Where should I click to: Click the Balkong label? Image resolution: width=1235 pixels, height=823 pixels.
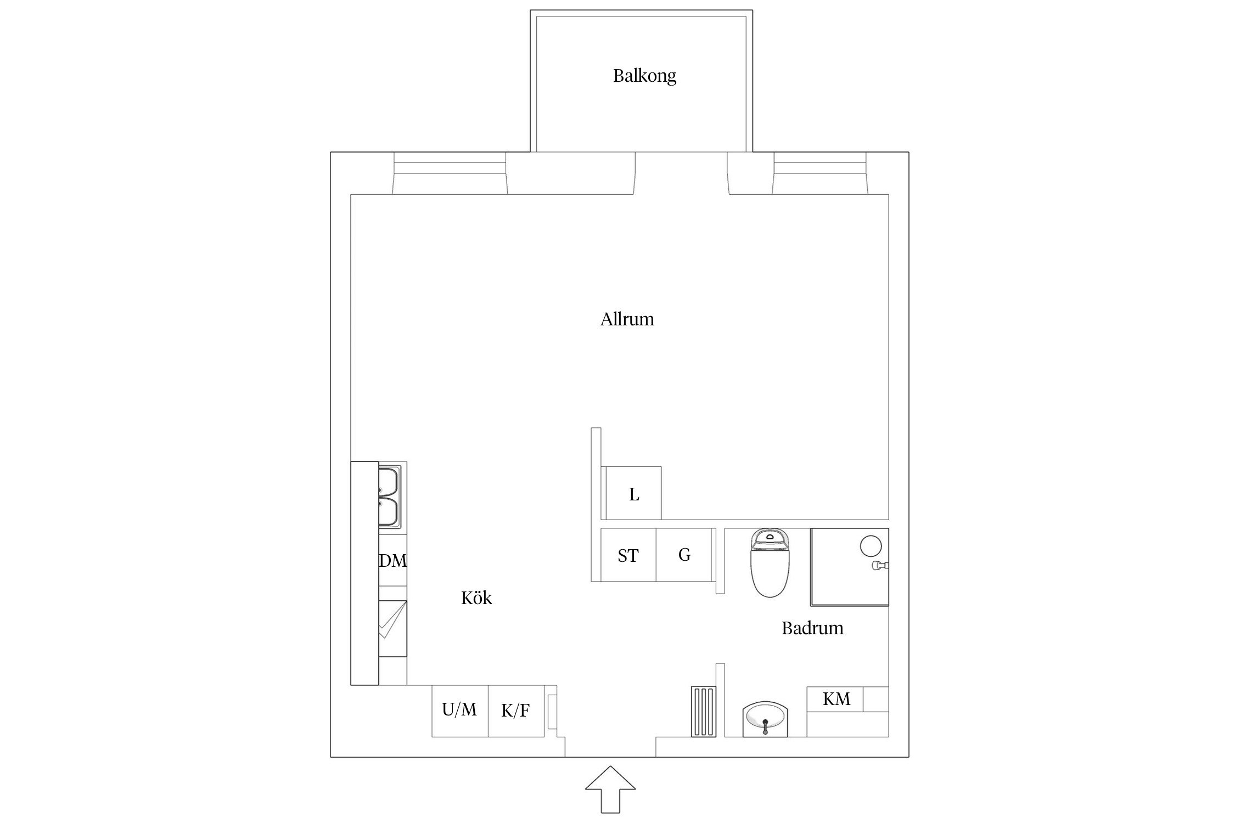point(644,76)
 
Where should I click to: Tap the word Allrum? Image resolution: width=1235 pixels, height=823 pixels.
point(627,319)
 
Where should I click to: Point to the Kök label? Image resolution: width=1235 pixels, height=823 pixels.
point(476,598)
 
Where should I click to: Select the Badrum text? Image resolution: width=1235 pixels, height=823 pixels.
point(812,628)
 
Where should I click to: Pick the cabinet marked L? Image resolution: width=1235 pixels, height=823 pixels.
point(633,494)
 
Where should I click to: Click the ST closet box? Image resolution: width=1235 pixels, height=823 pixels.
point(628,555)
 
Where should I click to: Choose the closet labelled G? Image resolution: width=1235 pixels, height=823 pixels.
point(684,555)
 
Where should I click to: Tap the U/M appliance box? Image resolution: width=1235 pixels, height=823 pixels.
point(459,711)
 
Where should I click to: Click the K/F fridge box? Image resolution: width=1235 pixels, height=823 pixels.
point(515,711)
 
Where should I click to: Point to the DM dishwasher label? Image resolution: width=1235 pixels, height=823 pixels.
point(393,561)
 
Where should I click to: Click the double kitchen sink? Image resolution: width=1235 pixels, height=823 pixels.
point(389,497)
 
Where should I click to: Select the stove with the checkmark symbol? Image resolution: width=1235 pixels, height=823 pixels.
point(392,629)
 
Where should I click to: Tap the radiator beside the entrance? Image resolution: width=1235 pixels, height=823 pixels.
point(703,711)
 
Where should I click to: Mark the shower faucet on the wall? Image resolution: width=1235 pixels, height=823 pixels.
point(880,566)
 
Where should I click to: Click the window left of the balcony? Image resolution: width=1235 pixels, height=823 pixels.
point(450,173)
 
